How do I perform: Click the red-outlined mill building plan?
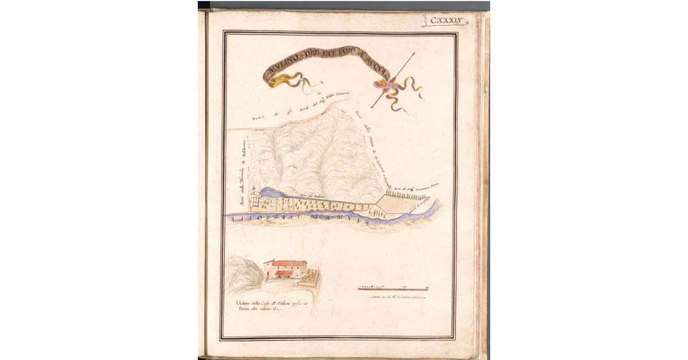256,198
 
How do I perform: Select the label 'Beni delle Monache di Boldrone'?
243,172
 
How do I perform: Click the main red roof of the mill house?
287,263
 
